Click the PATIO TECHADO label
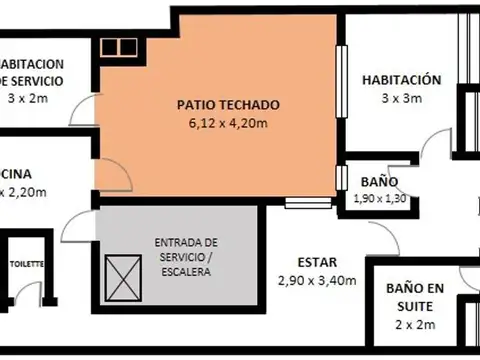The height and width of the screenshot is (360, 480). click(x=228, y=104)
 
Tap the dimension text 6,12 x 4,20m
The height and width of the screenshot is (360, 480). click(x=228, y=123)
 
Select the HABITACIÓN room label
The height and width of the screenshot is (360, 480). click(x=401, y=79)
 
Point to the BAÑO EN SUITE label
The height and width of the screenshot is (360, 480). click(x=415, y=296)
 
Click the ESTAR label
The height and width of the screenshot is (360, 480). click(x=317, y=261)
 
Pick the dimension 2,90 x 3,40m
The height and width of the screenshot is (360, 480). click(x=317, y=280)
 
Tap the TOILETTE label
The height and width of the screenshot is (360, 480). click(x=27, y=265)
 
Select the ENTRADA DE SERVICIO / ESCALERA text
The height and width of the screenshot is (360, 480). click(x=185, y=257)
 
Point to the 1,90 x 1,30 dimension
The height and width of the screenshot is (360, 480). click(x=379, y=199)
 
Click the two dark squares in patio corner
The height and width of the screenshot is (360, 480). click(x=117, y=46)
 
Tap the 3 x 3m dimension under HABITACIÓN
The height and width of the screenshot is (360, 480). click(x=401, y=98)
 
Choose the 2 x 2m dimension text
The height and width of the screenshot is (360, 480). click(x=415, y=325)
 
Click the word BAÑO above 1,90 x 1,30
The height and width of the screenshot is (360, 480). click(x=380, y=182)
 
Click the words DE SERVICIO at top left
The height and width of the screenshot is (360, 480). click(x=32, y=80)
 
